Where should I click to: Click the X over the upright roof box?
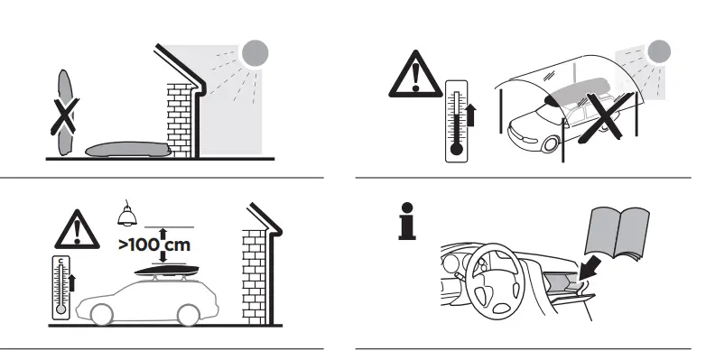(x=62, y=115)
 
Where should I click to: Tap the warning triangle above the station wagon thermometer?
(x=78, y=229)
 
